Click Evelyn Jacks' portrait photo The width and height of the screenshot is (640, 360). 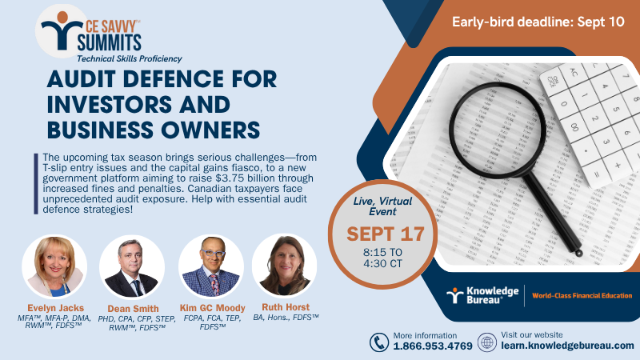pos(54,266)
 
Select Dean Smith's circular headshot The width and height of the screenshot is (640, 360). pos(132,267)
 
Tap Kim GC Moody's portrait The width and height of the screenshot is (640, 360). pos(211,266)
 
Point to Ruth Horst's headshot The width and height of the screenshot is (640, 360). pos(285,266)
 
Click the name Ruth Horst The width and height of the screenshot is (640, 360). pos(286,307)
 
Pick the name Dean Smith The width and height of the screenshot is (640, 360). pos(133,309)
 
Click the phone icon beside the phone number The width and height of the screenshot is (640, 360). pos(378,342)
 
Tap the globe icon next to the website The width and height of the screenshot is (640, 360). pos(487,342)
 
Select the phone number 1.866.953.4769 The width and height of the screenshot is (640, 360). pos(433,346)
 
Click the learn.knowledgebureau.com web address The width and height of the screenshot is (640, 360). pos(567,346)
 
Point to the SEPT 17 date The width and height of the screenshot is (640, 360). pos(386,234)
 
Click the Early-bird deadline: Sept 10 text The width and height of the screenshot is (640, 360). pos(538,22)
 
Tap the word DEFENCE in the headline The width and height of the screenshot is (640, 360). pos(174,78)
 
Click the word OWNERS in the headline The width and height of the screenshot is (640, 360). pos(210,130)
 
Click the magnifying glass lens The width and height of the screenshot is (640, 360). pos(498,130)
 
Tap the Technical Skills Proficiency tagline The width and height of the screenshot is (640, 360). pos(130,58)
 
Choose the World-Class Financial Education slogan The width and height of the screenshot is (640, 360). pos(582,295)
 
